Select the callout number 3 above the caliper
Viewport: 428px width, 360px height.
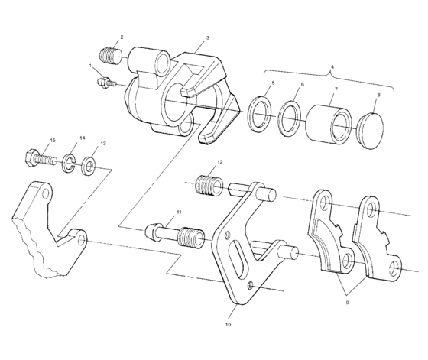tap(208, 37)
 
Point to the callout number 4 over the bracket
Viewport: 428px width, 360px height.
tap(331, 66)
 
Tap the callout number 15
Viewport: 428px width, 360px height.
tap(52, 141)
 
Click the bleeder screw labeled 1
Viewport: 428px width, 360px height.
tap(109, 82)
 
